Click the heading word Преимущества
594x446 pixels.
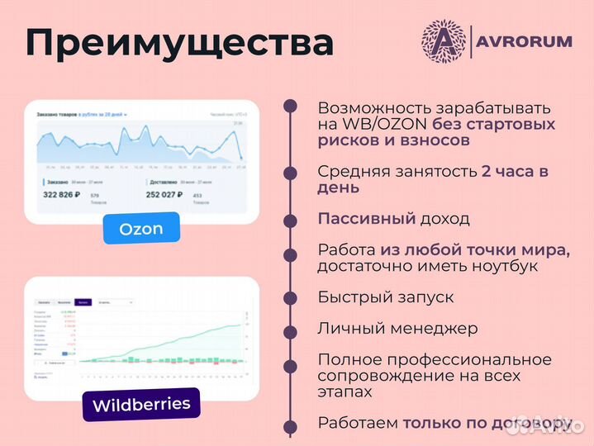tap(179, 43)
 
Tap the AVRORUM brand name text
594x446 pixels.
tap(525, 41)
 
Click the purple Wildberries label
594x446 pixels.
tap(140, 406)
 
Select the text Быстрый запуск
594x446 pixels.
tap(385, 297)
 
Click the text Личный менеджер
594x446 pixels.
tap(397, 328)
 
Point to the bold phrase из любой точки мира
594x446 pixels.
tap(474, 250)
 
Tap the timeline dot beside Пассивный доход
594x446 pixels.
tap(290, 221)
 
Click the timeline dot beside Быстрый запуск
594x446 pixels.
tap(290, 297)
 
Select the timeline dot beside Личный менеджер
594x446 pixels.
tap(290, 329)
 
